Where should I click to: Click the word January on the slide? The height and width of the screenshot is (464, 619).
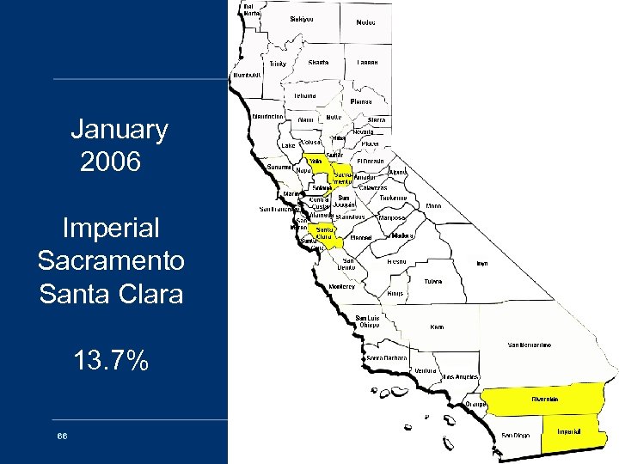(119, 130)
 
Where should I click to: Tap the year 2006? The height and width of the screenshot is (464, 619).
(110, 162)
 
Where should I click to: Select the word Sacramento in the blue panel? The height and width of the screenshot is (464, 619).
(111, 260)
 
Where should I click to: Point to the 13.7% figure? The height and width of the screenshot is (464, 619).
(111, 361)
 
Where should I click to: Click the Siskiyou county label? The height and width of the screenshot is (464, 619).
(302, 18)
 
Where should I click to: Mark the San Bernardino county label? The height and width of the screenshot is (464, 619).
(530, 345)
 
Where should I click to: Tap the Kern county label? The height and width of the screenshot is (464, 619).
(437, 327)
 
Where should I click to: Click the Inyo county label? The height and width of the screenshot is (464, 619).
(482, 264)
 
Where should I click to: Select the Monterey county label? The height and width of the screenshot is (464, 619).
(341, 287)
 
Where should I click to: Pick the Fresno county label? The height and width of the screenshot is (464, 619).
(396, 260)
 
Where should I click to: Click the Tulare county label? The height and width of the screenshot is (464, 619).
(433, 281)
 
